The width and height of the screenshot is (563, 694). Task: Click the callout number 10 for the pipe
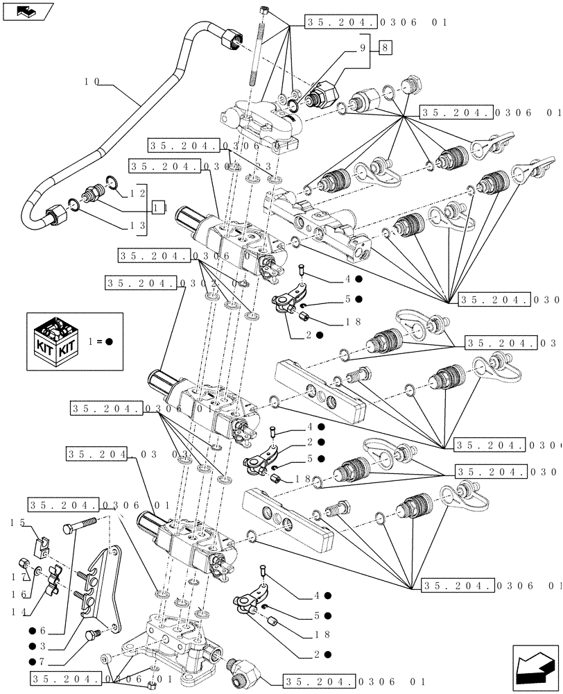click(x=92, y=81)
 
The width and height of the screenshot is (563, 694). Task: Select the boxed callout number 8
click(x=386, y=48)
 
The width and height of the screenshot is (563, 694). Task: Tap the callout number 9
click(x=362, y=48)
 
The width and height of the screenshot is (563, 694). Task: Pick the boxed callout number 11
click(x=159, y=208)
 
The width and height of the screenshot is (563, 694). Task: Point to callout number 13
click(x=138, y=226)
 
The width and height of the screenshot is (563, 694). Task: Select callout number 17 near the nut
click(x=23, y=577)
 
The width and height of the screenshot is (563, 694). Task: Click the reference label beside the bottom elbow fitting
click(x=354, y=681)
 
